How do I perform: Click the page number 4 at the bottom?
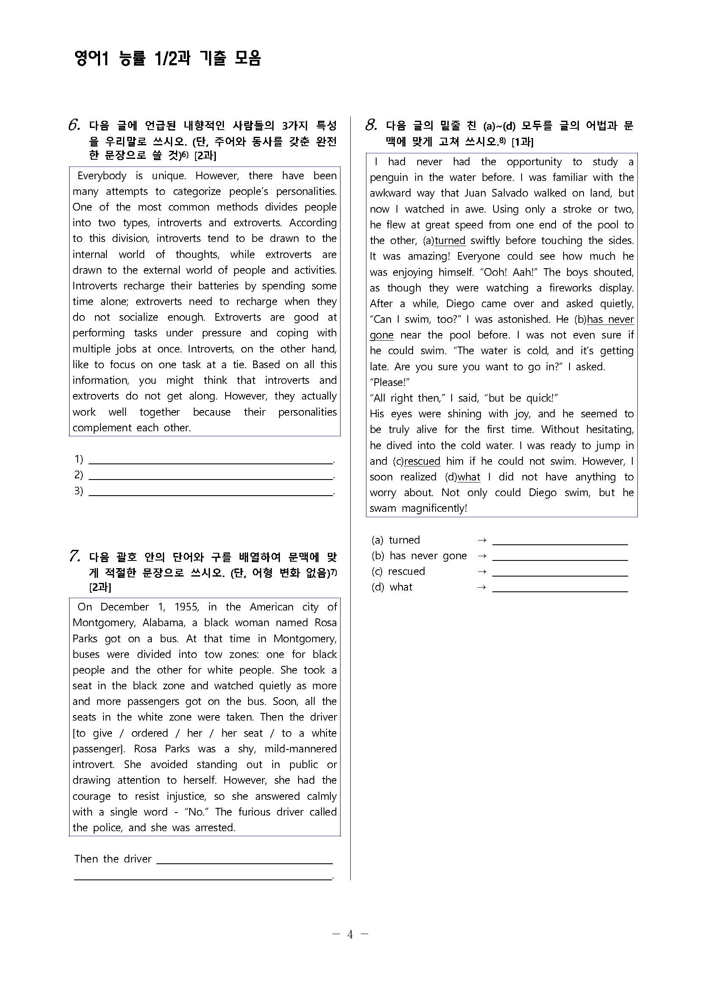(350, 935)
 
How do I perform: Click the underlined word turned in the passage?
(450, 241)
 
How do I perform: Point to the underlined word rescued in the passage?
(422, 461)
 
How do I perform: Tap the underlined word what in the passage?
(469, 477)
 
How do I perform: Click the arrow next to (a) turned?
(482, 540)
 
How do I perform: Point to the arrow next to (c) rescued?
(482, 572)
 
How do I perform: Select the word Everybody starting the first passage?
(102, 176)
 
